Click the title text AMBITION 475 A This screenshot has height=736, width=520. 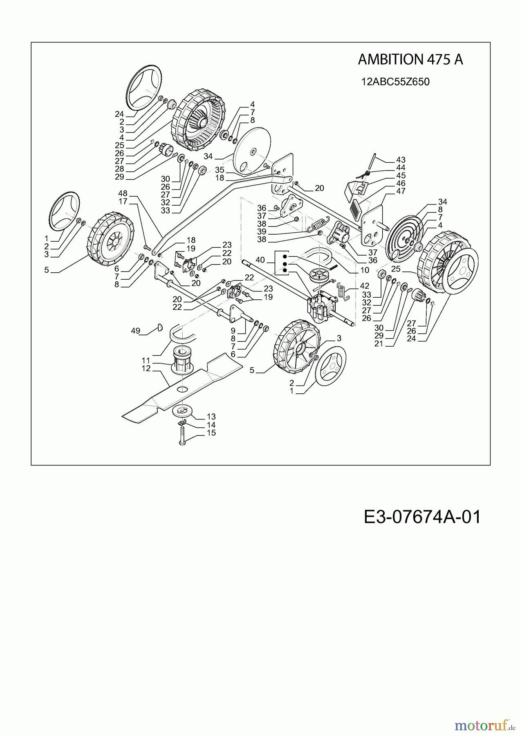410,60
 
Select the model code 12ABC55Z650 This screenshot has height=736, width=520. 395,82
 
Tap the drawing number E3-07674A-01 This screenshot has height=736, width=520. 422,517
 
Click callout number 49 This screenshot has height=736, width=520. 136,330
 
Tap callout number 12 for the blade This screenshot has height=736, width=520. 146,368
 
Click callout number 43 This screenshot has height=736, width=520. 401,160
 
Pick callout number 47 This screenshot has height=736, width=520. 401,191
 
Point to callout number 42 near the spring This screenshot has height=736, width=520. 364,286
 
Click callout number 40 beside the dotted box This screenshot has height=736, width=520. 260,260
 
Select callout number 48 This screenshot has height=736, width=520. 123,193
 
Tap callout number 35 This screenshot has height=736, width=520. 220,170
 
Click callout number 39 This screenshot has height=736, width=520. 262,232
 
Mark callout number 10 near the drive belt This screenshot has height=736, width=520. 365,270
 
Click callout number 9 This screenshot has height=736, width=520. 233,330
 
